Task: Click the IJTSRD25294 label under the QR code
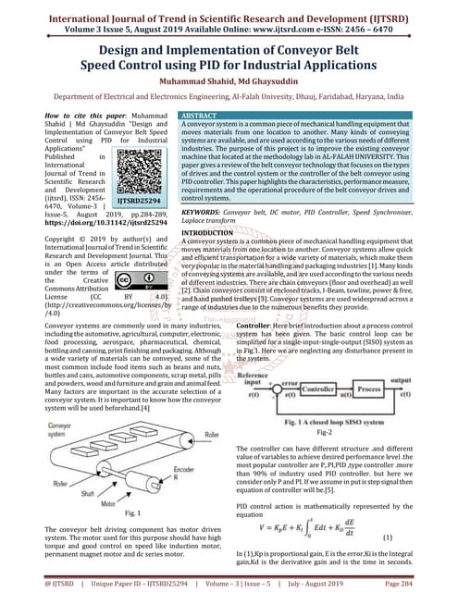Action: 143,199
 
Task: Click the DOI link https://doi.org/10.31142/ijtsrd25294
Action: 114,223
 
